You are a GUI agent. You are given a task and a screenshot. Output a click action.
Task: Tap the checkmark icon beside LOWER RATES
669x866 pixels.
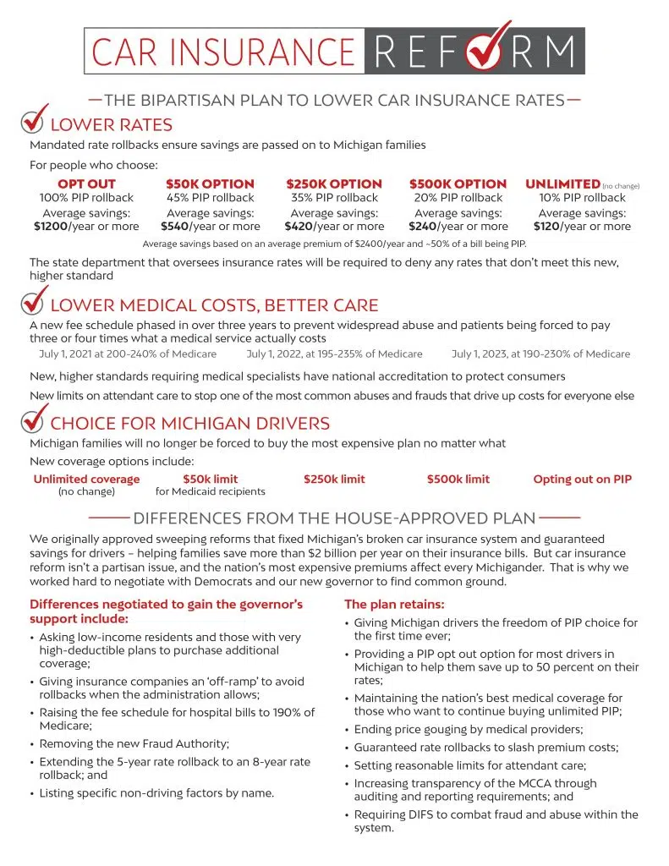33,123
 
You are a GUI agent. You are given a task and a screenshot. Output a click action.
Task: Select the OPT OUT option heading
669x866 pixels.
86,184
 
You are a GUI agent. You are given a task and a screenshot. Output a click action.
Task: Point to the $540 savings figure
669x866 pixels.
175,227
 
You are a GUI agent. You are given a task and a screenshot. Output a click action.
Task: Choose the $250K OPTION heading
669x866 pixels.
334,184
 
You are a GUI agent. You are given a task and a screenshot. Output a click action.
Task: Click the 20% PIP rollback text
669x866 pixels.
458,198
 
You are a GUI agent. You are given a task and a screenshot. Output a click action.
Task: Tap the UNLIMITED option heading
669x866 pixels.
562,184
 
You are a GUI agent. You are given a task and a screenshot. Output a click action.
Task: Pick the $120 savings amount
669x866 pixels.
548,227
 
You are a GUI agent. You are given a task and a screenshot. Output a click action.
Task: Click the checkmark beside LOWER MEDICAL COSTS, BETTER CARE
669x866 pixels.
33,302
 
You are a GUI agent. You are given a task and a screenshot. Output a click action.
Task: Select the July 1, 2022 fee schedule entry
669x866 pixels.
334,354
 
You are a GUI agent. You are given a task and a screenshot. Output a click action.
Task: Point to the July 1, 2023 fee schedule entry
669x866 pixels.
540,354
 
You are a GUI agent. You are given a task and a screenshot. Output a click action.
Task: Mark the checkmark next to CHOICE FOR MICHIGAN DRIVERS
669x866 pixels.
33,420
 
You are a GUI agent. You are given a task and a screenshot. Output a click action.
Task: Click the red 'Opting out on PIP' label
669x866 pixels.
582,480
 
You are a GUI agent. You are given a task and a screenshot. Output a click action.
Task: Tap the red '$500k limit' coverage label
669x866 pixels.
458,480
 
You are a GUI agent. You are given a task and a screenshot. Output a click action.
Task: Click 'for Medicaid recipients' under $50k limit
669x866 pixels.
211,491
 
